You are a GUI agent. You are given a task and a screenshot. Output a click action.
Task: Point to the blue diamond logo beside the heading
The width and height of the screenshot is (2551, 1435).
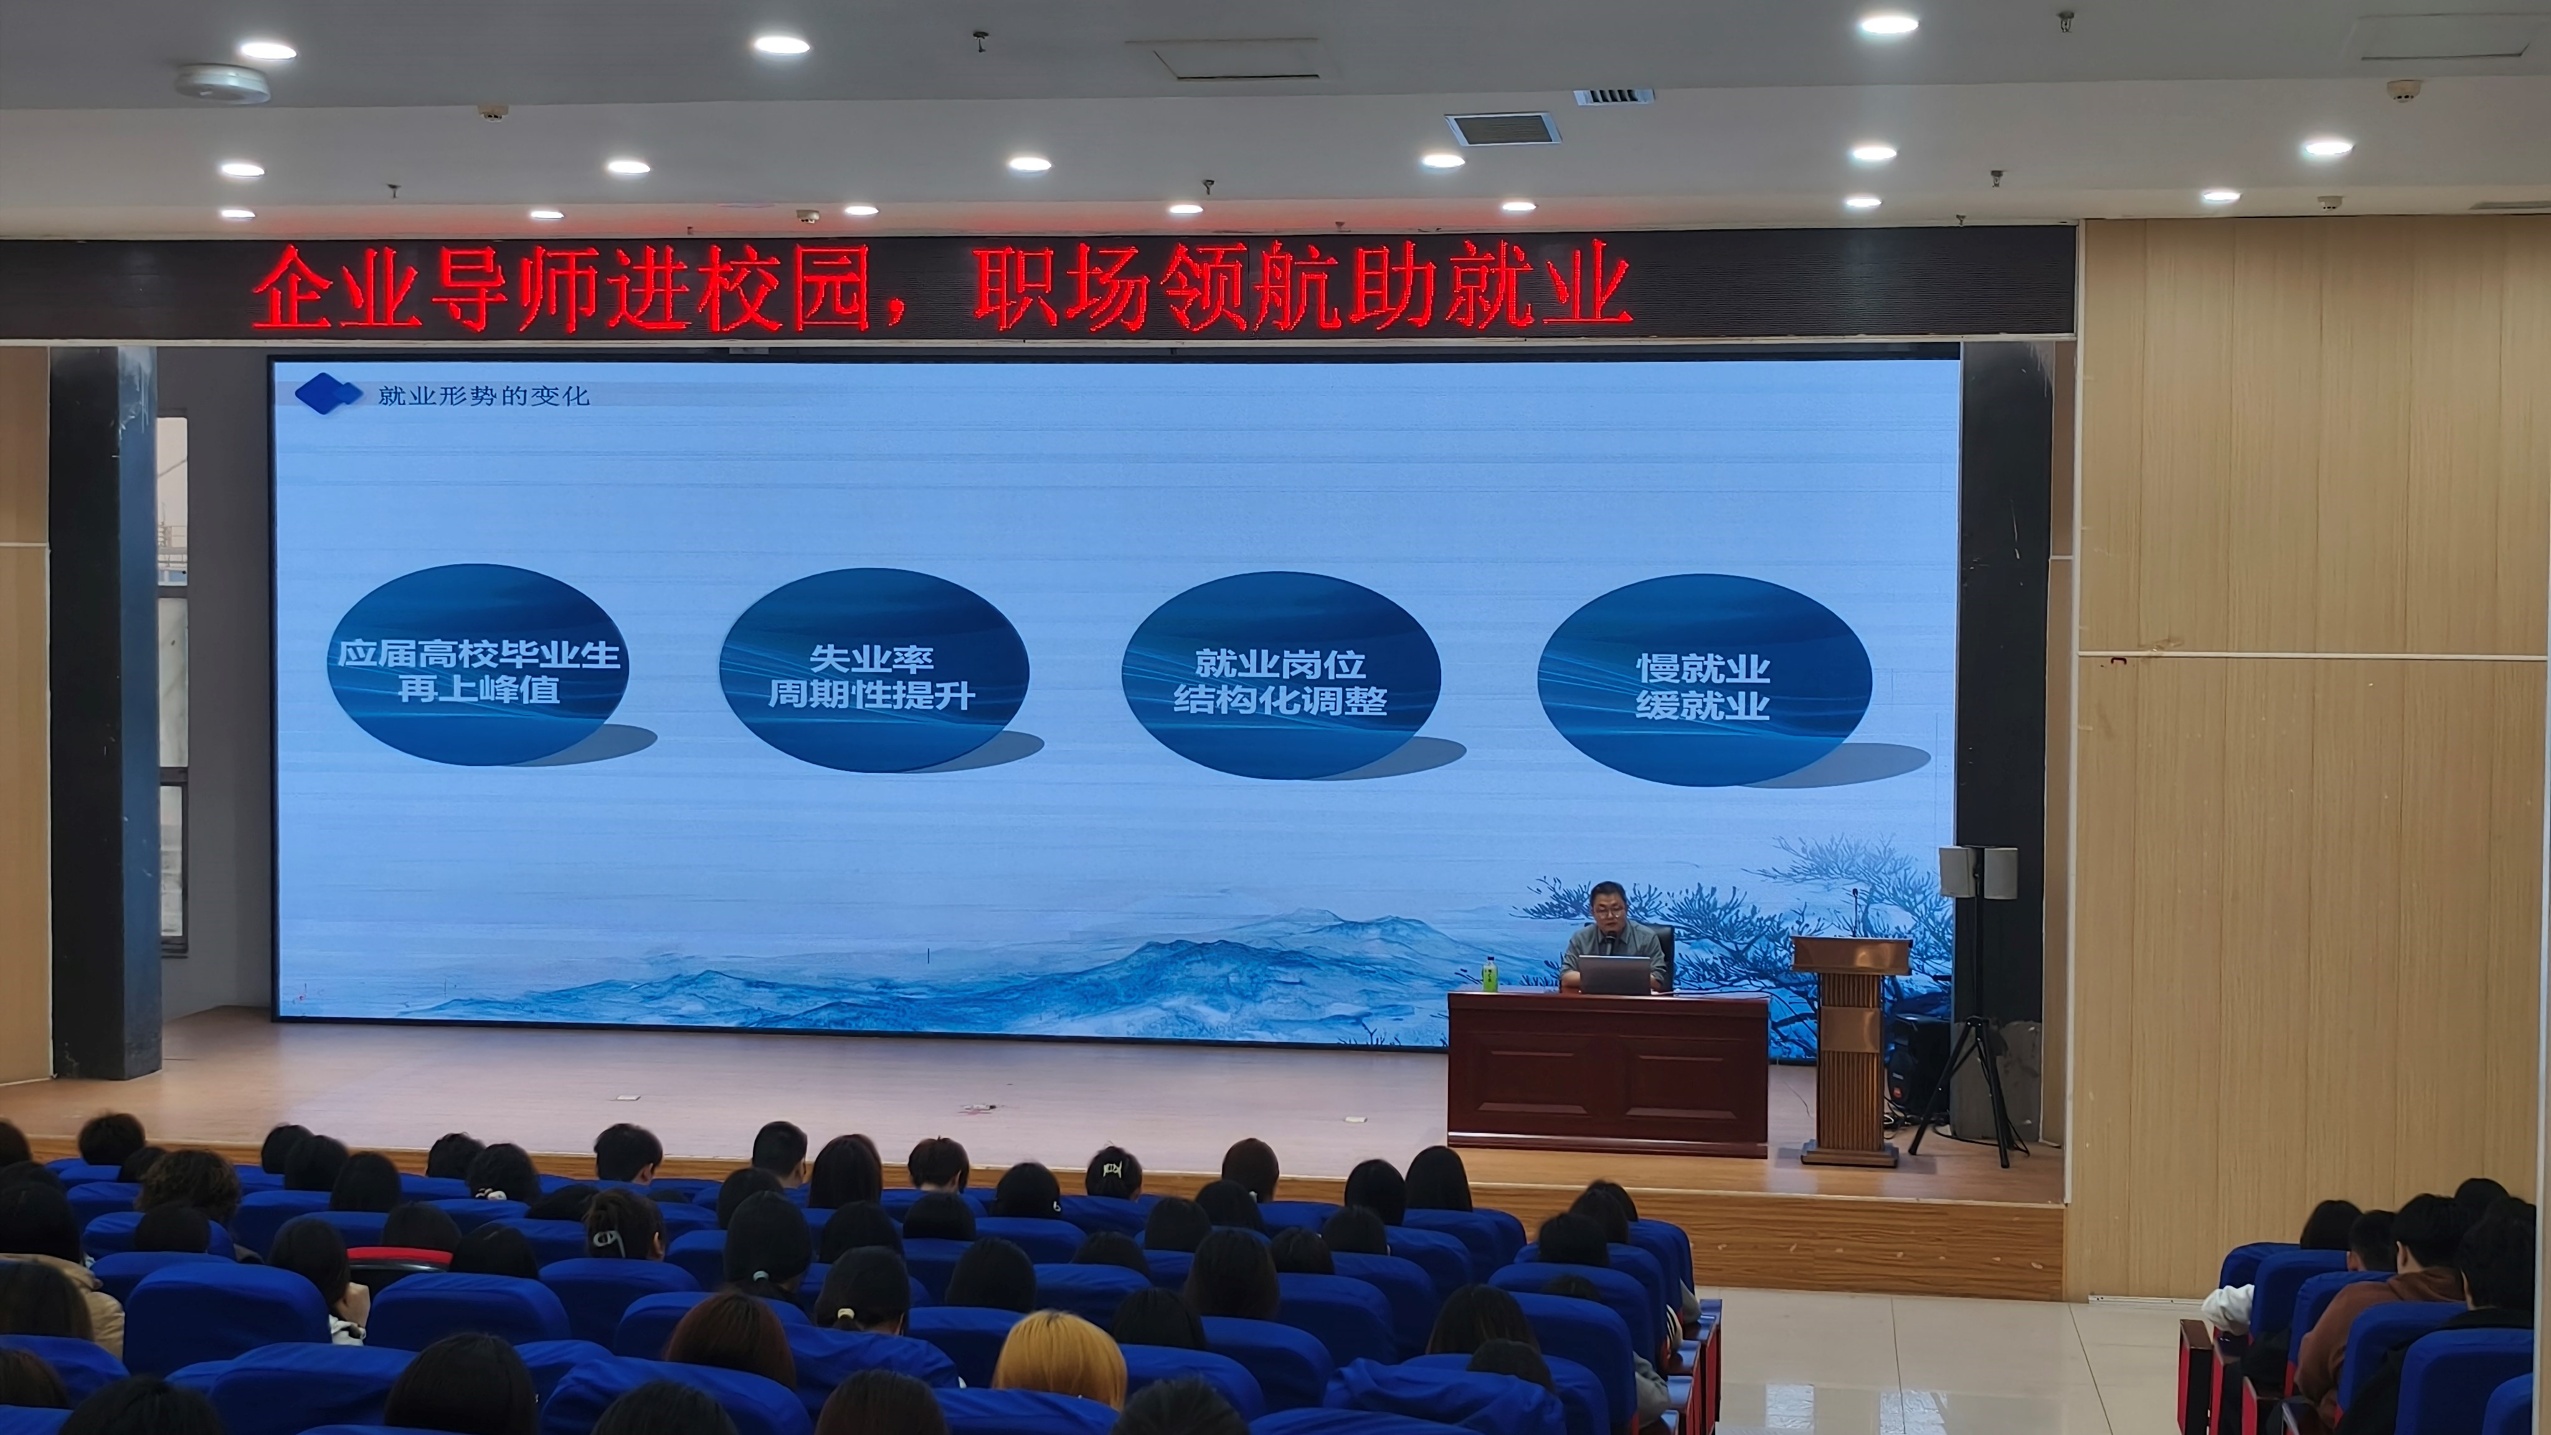328,393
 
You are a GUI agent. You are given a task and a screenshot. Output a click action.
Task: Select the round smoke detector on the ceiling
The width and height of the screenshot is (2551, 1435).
223,83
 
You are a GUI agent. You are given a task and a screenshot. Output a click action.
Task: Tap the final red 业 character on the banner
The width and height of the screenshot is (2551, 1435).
1584,288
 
